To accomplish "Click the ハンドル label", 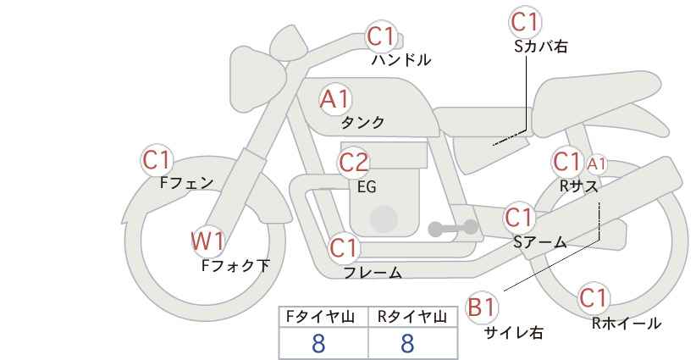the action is (401, 59).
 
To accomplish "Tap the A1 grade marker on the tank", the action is (335, 99).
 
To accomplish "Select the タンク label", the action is (362, 122).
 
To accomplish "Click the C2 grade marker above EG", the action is (354, 163).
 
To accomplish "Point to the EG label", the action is (367, 186).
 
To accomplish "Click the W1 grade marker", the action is (207, 241).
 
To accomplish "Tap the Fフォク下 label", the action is (235, 265).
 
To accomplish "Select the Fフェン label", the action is (186, 183).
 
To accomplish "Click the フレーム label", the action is (373, 272).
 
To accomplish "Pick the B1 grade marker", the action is (482, 307).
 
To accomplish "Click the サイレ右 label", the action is (514, 332).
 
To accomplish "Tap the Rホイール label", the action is (627, 324).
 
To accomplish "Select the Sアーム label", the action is (540, 242).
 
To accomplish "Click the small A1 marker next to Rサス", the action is (596, 164).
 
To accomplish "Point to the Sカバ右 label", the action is (541, 47).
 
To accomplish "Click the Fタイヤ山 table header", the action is (320, 317).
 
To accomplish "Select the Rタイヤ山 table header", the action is (412, 317).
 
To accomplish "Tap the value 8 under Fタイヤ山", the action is (318, 344).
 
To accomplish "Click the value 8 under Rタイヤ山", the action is (407, 344).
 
